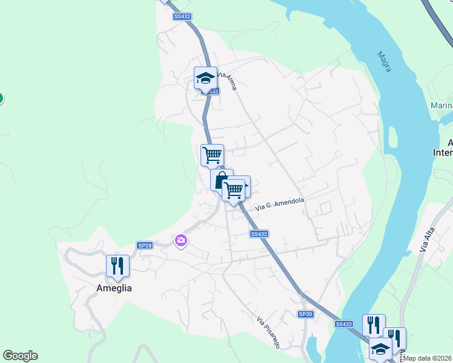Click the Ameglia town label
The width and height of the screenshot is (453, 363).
(x=114, y=288)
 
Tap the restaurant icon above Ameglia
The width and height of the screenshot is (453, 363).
(x=117, y=266)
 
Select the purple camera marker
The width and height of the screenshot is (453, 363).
(x=180, y=241)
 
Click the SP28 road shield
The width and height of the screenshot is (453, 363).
(x=145, y=245)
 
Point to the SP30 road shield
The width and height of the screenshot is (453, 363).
(x=306, y=314)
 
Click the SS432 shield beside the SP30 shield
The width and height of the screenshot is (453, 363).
(x=343, y=324)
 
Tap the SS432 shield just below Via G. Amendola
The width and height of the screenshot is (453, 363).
(x=259, y=234)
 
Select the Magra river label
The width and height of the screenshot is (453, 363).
(x=384, y=62)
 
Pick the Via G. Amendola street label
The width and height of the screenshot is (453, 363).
(x=279, y=203)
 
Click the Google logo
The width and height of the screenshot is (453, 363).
(x=20, y=356)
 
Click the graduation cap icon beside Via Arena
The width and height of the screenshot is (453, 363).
(x=205, y=78)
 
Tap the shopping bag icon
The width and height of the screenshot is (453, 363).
(x=221, y=180)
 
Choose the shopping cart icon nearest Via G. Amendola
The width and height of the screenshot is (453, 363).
(x=233, y=190)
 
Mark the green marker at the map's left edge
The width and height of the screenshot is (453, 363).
(x=1, y=98)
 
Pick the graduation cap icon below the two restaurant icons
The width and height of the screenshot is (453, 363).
(x=380, y=349)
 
